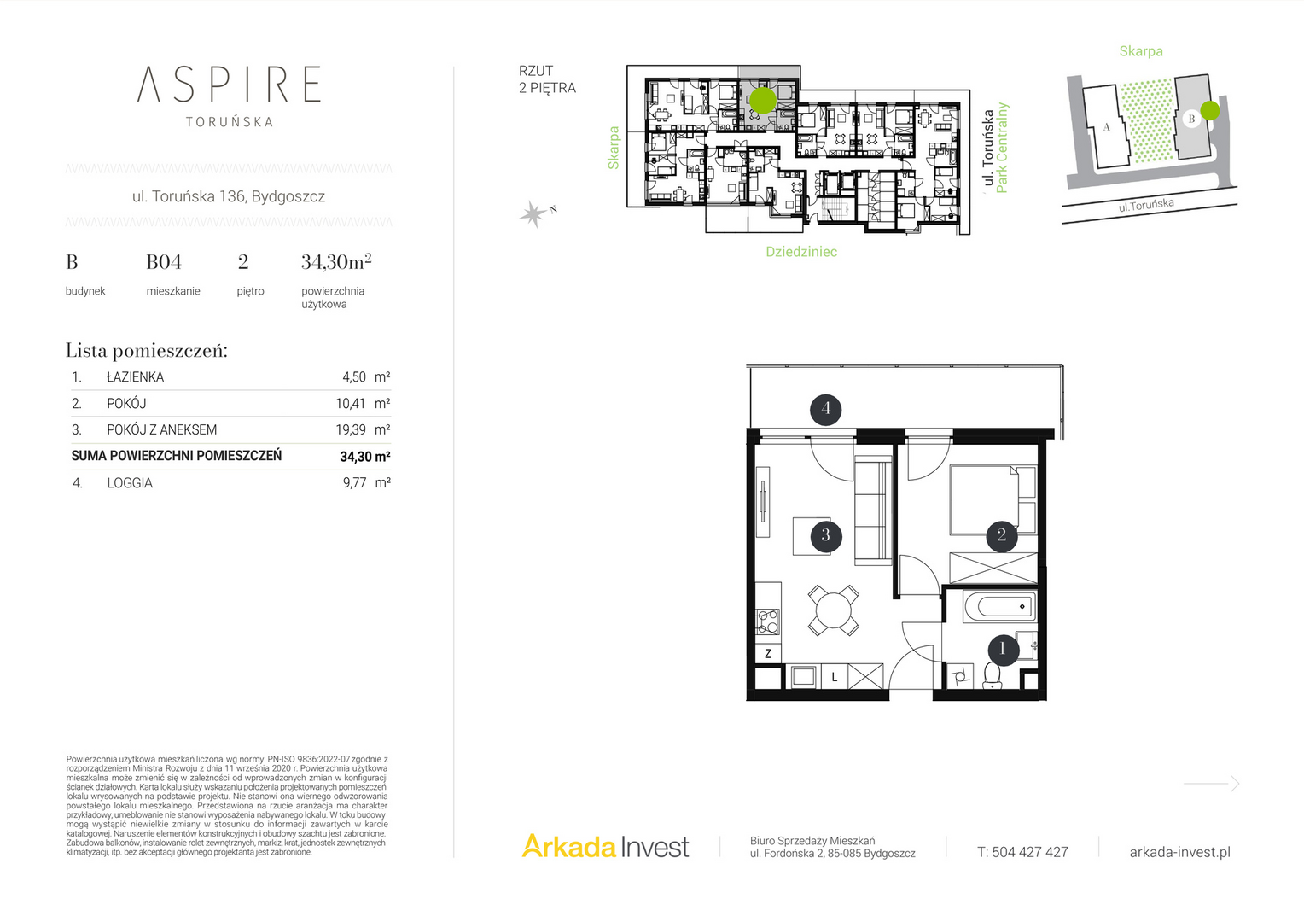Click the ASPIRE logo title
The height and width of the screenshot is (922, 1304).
(229, 85)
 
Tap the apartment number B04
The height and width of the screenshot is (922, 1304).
(164, 262)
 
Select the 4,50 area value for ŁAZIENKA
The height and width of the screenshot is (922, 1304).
(354, 377)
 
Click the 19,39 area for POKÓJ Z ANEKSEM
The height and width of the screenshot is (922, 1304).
(351, 429)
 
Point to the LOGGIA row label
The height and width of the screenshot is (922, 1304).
(130, 483)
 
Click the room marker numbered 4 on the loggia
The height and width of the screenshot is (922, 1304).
(825, 409)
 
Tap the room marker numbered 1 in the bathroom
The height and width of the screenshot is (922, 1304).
(1003, 648)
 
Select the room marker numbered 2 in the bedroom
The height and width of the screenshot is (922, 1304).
(1001, 535)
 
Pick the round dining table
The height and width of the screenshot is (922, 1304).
(834, 610)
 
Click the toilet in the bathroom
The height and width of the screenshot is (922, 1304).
(992, 675)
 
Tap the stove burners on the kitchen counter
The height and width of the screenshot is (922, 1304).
(768, 621)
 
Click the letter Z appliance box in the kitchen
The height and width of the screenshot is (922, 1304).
(768, 653)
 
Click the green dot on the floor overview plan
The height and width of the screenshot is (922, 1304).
(763, 100)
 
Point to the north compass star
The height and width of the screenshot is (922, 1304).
(533, 214)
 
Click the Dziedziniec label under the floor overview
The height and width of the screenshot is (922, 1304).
(801, 252)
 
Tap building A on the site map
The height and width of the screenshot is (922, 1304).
(1106, 126)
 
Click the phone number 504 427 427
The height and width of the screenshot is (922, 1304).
(1030, 852)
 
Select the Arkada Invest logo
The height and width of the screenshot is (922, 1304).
(605, 846)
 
